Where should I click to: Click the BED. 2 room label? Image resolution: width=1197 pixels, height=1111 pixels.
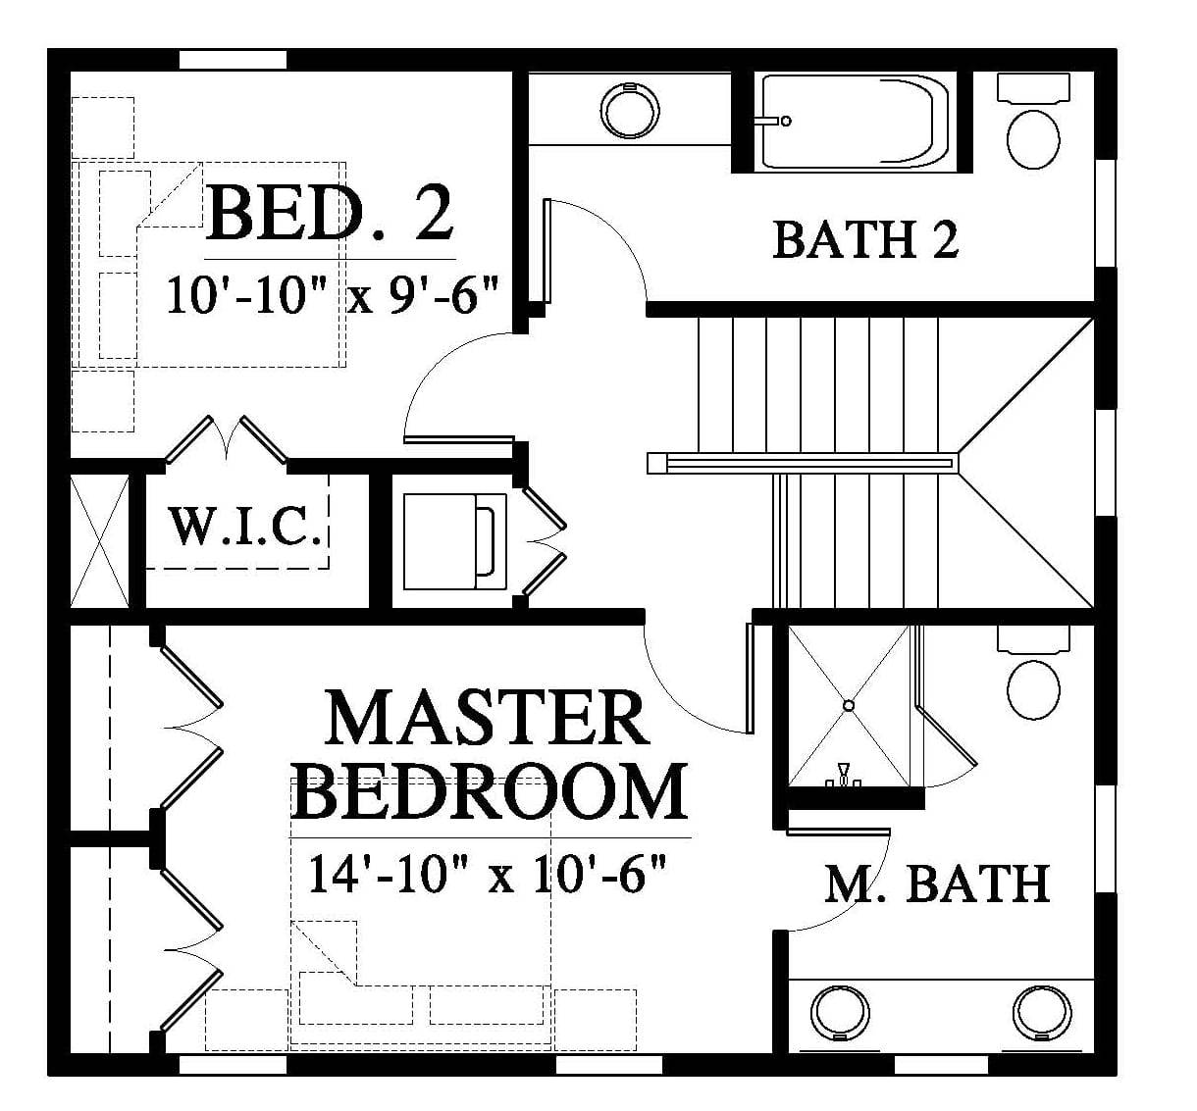coord(329,213)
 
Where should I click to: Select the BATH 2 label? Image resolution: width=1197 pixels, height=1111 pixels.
coord(865,240)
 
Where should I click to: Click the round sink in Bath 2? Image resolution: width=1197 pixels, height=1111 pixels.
coord(630,111)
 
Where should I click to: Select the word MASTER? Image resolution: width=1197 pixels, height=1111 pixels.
coord(487,719)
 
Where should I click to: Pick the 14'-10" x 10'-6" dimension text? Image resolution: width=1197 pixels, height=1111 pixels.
coord(487,874)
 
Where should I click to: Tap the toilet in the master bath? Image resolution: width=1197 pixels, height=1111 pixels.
coord(1033,673)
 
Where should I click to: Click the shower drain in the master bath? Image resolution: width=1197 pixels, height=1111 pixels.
coord(849,705)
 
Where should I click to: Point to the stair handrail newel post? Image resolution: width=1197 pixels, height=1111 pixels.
coord(657,463)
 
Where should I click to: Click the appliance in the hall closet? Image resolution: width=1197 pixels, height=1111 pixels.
coord(455,541)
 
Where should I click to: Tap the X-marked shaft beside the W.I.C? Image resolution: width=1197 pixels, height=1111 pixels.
coord(99,541)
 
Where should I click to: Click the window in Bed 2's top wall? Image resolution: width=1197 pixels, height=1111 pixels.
coord(233,60)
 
